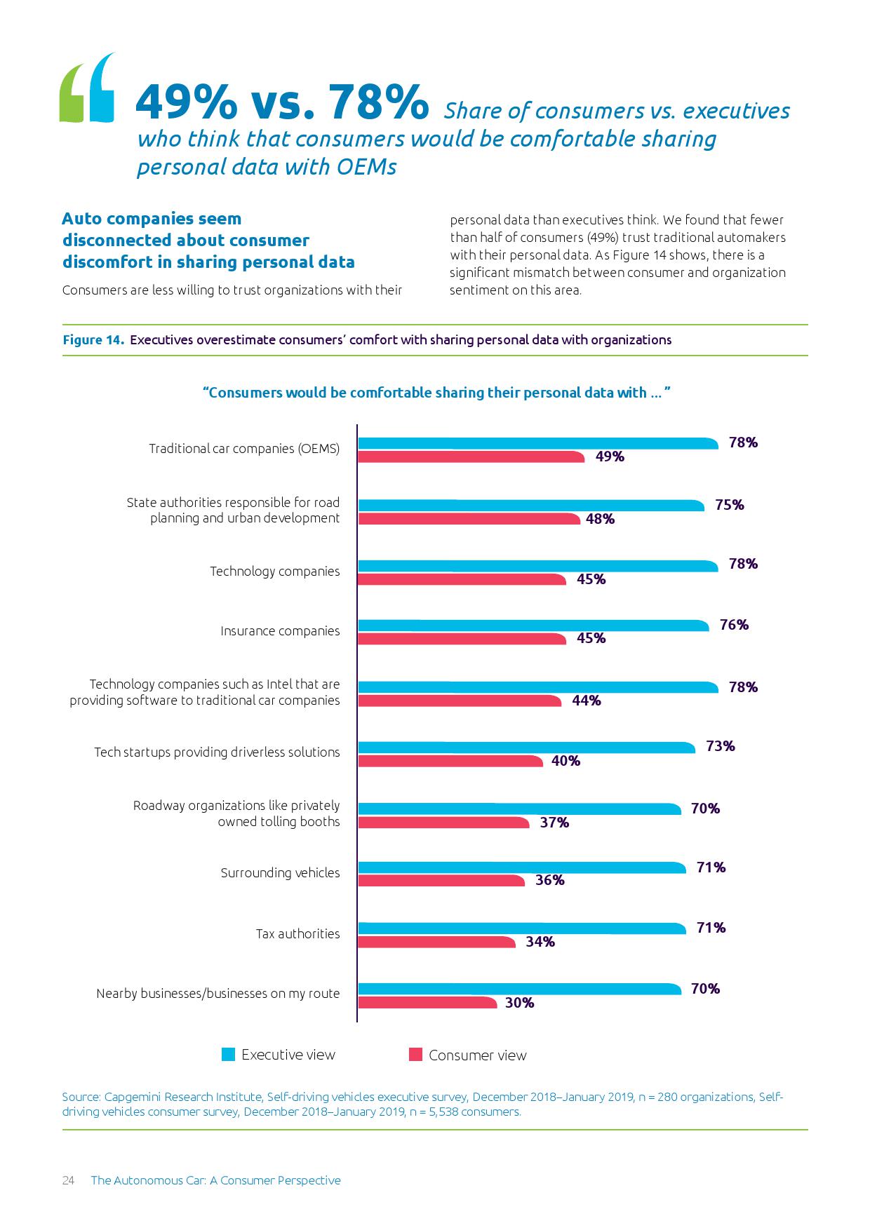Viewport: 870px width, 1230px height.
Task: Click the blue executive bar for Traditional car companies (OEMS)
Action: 537,443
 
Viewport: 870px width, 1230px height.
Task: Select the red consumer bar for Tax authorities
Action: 436,942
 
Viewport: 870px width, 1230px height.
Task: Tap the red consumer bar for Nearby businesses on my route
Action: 427,1003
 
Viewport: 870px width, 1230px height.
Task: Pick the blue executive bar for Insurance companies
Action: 533,626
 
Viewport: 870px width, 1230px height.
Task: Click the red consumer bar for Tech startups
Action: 450,761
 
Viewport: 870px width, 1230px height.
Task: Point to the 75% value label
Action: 730,505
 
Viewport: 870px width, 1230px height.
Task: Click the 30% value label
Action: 519,1003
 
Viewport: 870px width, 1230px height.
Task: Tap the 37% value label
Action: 554,823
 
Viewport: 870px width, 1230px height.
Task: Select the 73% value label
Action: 721,746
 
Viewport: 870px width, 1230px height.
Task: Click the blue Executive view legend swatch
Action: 228,1055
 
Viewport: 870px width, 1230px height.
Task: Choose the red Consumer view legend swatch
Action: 415,1055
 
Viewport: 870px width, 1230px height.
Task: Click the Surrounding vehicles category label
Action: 280,873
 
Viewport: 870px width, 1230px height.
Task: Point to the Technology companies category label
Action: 274,572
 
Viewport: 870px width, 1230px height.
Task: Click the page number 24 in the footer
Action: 68,1180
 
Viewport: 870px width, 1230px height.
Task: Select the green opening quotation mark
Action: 73,94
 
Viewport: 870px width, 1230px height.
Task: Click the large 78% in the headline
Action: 379,102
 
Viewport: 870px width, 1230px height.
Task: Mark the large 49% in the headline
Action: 186,102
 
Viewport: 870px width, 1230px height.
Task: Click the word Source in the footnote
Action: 81,1097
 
